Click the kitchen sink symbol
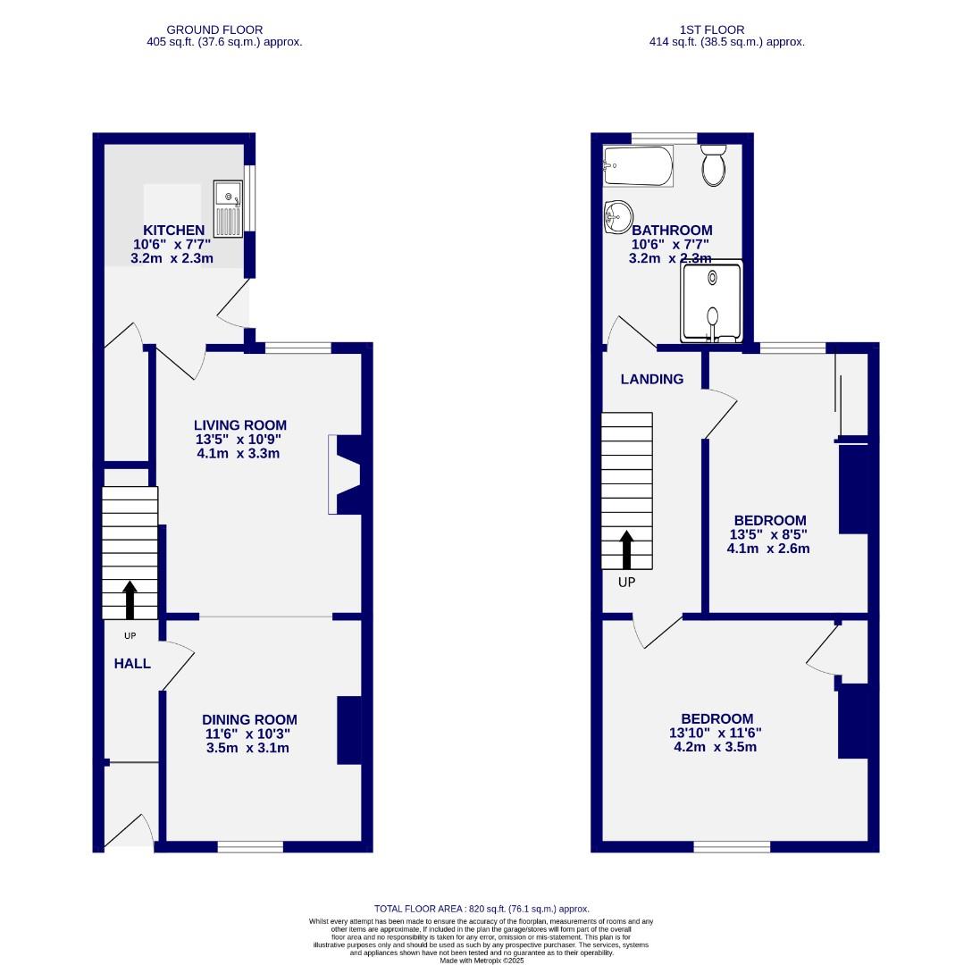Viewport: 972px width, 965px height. [x=228, y=208]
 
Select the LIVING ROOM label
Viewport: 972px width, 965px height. [x=241, y=425]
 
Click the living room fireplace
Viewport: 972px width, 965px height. [x=345, y=474]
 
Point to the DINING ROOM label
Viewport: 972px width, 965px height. [x=249, y=720]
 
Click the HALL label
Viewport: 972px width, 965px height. [x=132, y=664]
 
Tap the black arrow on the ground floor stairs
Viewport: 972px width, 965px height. [x=130, y=600]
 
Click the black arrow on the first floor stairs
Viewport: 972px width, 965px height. [x=627, y=550]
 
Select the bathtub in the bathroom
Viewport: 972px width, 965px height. [x=638, y=166]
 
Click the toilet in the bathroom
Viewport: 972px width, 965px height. [x=713, y=165]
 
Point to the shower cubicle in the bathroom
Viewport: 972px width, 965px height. [x=712, y=301]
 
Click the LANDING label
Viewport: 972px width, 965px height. [x=652, y=379]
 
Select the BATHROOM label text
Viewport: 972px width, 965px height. [x=672, y=231]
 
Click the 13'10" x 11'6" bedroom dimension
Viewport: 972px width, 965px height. [x=716, y=733]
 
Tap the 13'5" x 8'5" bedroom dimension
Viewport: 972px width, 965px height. [x=769, y=534]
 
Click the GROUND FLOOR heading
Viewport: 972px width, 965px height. [x=215, y=29]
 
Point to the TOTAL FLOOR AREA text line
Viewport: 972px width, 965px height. [x=482, y=909]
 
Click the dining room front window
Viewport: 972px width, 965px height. [x=250, y=846]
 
